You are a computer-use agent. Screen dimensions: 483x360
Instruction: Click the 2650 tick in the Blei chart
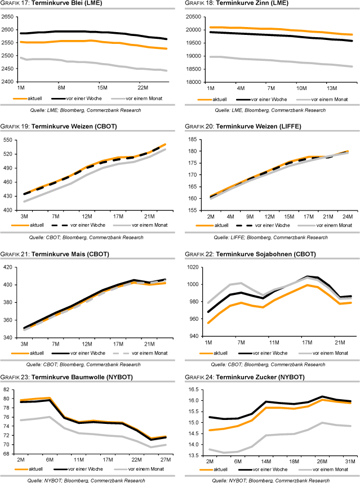[x=8, y=16]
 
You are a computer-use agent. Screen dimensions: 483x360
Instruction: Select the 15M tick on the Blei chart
[x=102, y=88]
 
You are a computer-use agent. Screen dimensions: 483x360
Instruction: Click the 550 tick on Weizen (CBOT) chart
[x=10, y=140]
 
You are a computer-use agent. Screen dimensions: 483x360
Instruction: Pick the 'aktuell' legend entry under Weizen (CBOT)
[x=46, y=226]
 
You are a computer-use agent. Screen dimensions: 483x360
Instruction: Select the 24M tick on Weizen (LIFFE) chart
[x=346, y=216]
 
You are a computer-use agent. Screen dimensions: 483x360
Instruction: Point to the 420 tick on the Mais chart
[x=10, y=267]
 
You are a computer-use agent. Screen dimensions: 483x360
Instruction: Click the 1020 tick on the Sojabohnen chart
[x=193, y=267]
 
